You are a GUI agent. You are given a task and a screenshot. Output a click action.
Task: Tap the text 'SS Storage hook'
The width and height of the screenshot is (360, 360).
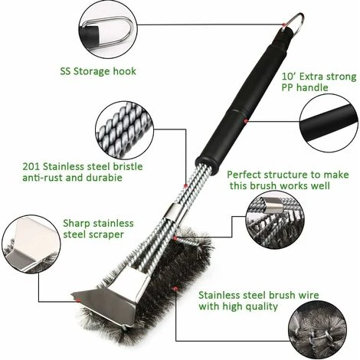tap(98, 71)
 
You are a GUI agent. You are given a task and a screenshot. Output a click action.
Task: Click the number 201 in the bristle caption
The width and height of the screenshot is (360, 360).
tap(31, 166)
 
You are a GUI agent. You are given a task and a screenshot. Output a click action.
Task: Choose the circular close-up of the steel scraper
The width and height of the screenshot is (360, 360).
tap(31, 244)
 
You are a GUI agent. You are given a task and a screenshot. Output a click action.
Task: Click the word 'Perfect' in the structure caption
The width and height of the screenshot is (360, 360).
tap(244, 175)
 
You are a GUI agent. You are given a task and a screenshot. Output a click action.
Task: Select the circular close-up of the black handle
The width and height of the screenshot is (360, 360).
tap(329, 123)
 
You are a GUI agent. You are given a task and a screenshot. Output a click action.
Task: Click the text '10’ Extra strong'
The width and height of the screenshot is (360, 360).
tap(319, 77)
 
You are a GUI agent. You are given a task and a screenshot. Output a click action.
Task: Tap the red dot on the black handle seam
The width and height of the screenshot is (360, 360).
tap(246, 121)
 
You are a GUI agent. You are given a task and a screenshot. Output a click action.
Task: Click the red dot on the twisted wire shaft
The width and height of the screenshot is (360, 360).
tap(185, 186)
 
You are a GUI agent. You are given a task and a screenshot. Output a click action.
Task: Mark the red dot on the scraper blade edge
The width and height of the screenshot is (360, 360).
tap(79, 300)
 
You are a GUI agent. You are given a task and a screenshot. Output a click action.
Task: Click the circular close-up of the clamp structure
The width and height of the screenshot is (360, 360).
tap(275, 220)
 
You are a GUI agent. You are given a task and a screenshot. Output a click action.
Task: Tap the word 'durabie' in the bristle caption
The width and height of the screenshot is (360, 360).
tap(104, 178)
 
